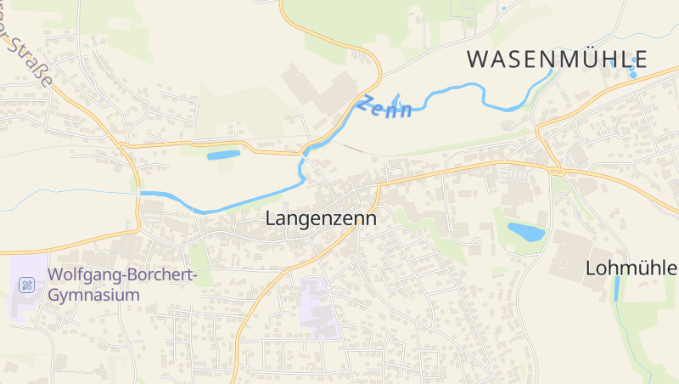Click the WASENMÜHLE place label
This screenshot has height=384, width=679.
click(557, 59)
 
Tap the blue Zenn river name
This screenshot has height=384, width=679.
click(384, 107)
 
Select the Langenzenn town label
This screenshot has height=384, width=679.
click(321, 217)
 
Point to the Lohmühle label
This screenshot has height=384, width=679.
click(631, 268)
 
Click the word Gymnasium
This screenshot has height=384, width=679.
click(93, 296)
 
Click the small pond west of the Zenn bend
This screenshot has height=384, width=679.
click(224, 155)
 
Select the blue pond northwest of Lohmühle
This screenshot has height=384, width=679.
click(525, 232)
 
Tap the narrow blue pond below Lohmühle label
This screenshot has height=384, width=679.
click(617, 289)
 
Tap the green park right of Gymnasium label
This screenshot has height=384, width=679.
click(200, 256)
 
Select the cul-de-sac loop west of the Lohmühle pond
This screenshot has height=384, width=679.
click(476, 246)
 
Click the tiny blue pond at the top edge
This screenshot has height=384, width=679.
click(503, 9)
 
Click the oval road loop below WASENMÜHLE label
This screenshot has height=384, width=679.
click(509, 126)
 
